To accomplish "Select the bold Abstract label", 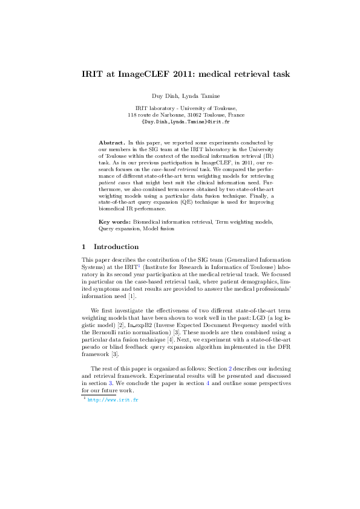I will (112, 141).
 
